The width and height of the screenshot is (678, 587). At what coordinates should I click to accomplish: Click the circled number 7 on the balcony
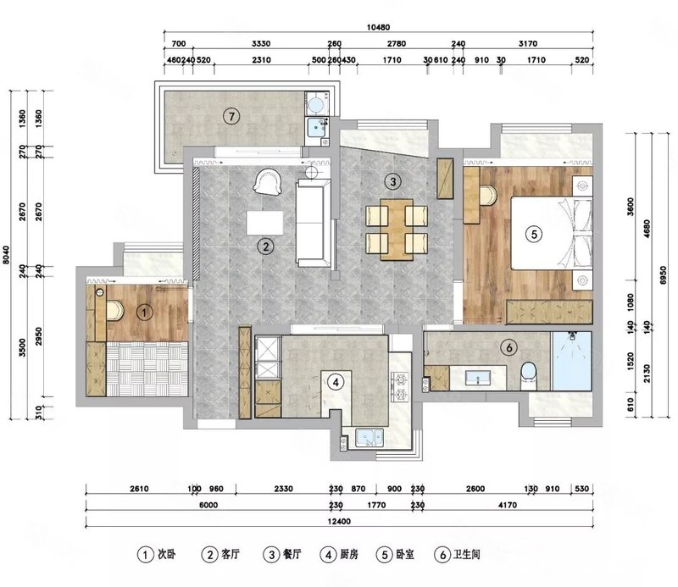(231, 116)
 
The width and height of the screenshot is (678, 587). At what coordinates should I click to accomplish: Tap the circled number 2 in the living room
(265, 246)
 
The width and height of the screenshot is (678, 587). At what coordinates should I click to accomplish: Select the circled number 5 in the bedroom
(534, 235)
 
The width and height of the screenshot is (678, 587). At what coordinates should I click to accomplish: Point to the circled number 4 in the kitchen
(336, 382)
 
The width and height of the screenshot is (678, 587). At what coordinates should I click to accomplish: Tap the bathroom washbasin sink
(477, 378)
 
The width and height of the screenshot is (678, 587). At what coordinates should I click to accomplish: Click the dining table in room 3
(397, 230)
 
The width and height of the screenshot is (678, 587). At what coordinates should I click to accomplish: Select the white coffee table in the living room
(264, 223)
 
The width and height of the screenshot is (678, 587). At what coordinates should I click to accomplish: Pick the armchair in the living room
(269, 181)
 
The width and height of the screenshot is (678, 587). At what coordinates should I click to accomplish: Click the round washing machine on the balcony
(316, 103)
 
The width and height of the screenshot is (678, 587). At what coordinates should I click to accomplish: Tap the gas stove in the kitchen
(400, 387)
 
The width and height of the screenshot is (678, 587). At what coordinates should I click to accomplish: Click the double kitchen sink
(370, 437)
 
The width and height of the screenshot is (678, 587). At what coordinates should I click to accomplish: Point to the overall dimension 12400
(339, 521)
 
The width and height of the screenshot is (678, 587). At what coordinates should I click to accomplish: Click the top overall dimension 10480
(378, 27)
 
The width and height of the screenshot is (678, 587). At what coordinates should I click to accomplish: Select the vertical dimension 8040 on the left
(6, 255)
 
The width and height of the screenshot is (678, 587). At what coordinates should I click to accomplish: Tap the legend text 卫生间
(467, 554)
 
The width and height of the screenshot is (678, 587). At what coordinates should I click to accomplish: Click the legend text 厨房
(349, 554)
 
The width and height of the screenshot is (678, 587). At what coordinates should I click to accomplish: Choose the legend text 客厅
(230, 554)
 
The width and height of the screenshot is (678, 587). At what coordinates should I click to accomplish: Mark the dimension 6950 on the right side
(664, 275)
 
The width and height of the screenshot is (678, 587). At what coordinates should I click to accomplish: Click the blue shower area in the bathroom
(571, 361)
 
